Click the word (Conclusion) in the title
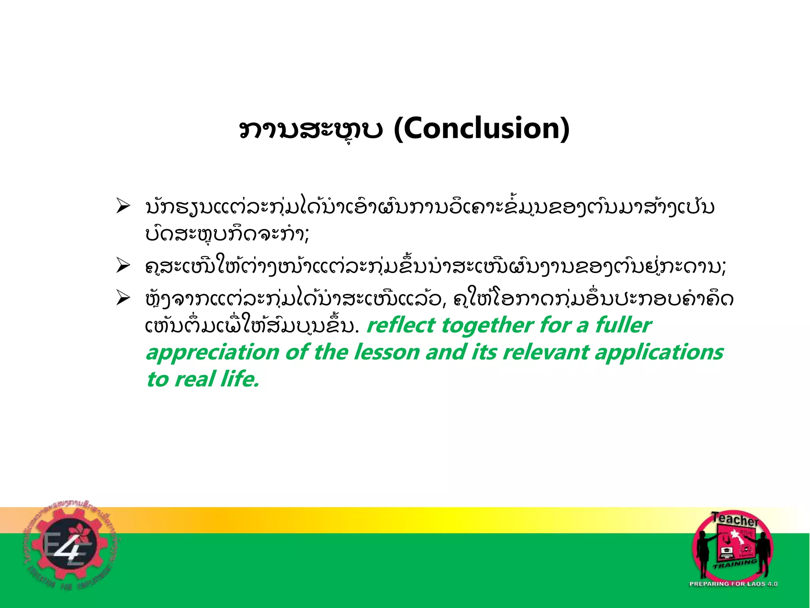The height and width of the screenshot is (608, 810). pos(482,129)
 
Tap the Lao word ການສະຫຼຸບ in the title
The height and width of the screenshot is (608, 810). pos(311,130)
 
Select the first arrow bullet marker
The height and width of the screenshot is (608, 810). pos(123,207)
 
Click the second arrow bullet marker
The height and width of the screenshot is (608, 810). pos(123,266)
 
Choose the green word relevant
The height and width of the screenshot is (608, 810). pos(546,352)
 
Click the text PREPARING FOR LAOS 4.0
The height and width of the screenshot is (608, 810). pos(733,583)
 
